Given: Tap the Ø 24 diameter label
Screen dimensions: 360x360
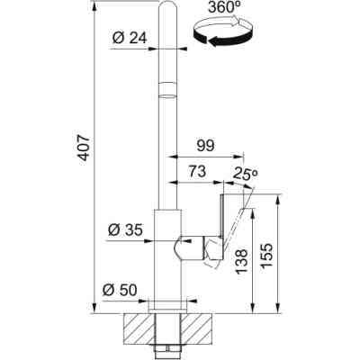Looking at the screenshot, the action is coord(130,38).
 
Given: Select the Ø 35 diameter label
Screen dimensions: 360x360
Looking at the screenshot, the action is coord(125,230).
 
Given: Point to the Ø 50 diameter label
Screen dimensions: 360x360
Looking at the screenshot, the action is coord(120,290).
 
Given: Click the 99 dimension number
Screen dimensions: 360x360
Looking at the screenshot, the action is coord(206,146).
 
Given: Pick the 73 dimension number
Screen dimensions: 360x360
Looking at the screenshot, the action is coord(197,172).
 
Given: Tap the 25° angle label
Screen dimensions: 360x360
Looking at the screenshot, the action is coord(246,174).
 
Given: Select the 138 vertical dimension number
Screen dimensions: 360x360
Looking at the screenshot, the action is coord(242,261).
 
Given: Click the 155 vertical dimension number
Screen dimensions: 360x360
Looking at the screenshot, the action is coord(266,256).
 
